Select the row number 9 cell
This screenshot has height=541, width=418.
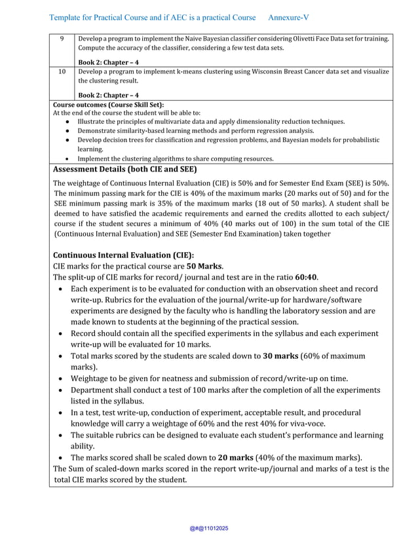pos(62,39)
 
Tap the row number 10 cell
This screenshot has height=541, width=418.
pos(62,71)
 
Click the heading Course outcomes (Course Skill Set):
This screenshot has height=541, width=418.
pos(108,105)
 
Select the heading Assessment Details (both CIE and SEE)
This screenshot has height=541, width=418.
pos(124,169)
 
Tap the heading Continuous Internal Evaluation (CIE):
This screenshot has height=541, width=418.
pos(123,255)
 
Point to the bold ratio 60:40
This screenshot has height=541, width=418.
pos(306,277)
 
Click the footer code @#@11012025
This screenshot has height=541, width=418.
pos(209,529)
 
